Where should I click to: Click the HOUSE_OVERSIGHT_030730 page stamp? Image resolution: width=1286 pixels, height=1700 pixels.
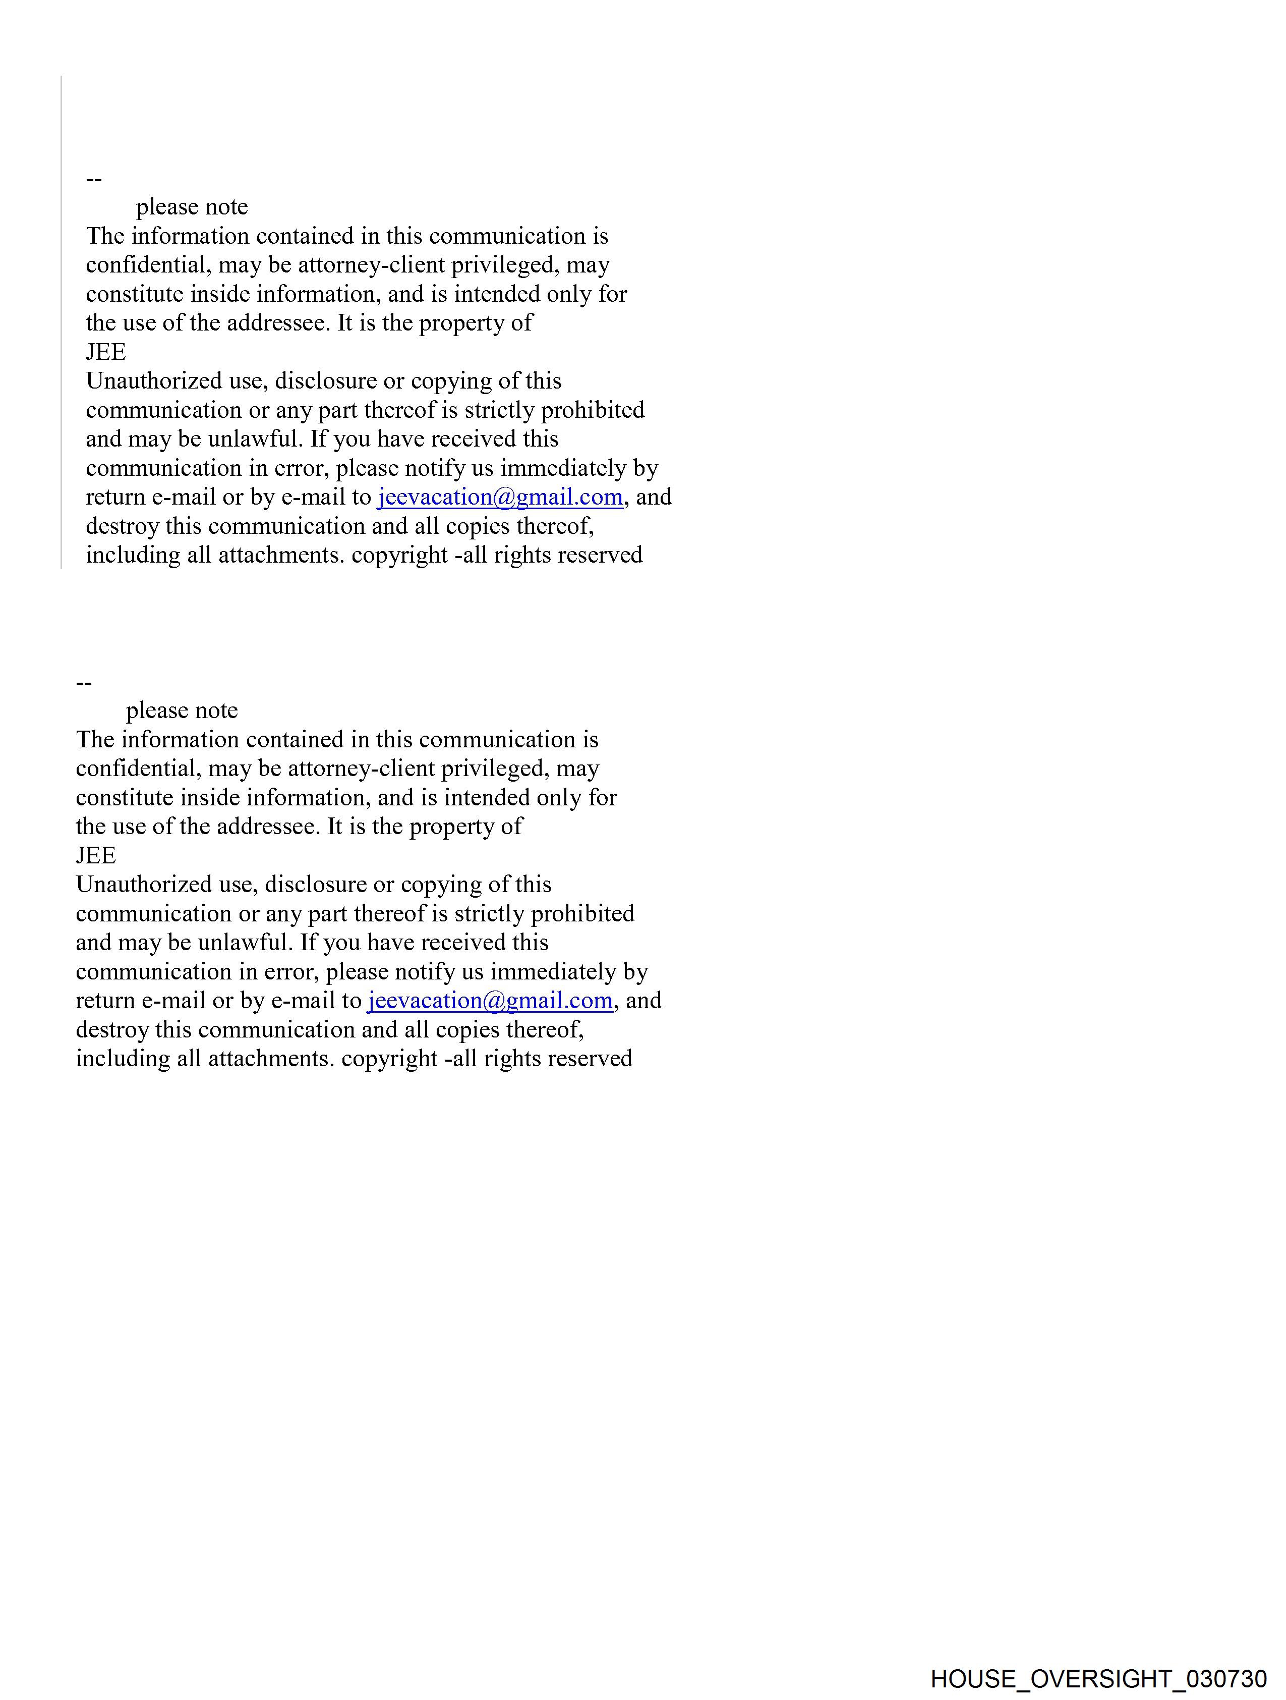[1098, 1678]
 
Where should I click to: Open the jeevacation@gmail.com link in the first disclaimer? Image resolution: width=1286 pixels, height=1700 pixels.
[499, 497]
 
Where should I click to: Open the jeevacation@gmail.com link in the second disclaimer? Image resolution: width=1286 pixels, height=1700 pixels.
[489, 1001]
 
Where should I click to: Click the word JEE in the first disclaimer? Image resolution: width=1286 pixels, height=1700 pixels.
[105, 352]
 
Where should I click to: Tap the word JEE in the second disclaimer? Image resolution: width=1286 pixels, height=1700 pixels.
[95, 855]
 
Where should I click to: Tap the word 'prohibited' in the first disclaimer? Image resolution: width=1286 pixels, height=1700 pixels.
[592, 410]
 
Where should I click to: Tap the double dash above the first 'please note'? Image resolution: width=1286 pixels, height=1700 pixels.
[94, 180]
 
